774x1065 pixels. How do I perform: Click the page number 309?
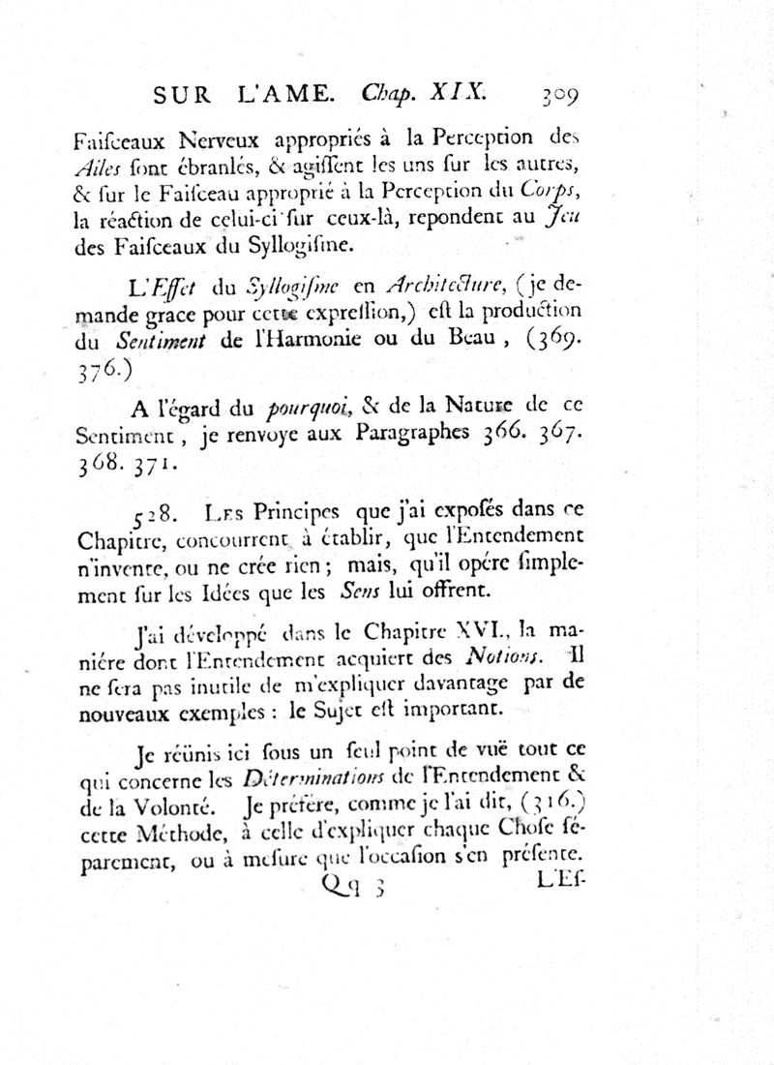(x=553, y=96)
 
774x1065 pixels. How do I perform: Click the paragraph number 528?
(x=151, y=513)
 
